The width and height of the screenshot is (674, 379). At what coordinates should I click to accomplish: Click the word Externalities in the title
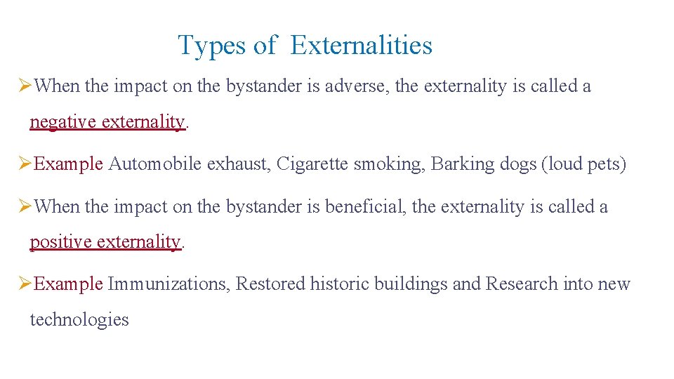(361, 46)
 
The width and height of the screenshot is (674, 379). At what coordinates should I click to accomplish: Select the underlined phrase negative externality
(107, 122)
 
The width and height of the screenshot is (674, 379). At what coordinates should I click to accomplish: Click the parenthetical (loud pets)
(583, 164)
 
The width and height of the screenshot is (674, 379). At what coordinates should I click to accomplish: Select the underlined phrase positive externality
(105, 242)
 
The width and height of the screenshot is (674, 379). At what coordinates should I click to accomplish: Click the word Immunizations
(168, 284)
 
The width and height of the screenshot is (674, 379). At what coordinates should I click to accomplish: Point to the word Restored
(270, 284)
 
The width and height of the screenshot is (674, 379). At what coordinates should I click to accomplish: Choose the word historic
(339, 284)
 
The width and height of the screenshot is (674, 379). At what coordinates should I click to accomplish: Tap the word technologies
(79, 320)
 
